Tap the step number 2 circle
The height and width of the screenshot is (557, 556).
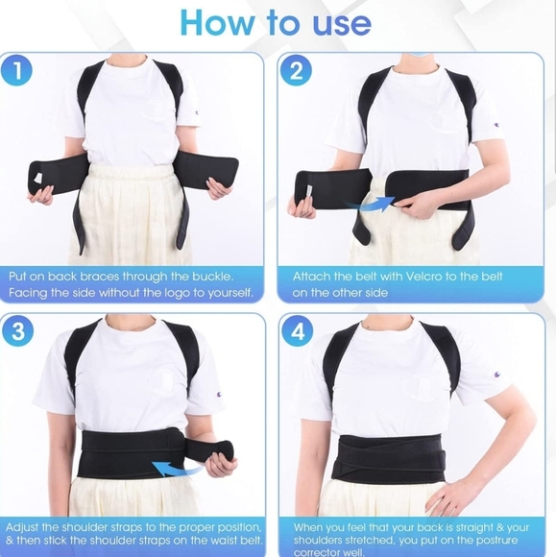pyautogui.click(x=296, y=70)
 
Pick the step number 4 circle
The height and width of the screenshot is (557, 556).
pyautogui.click(x=297, y=332)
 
